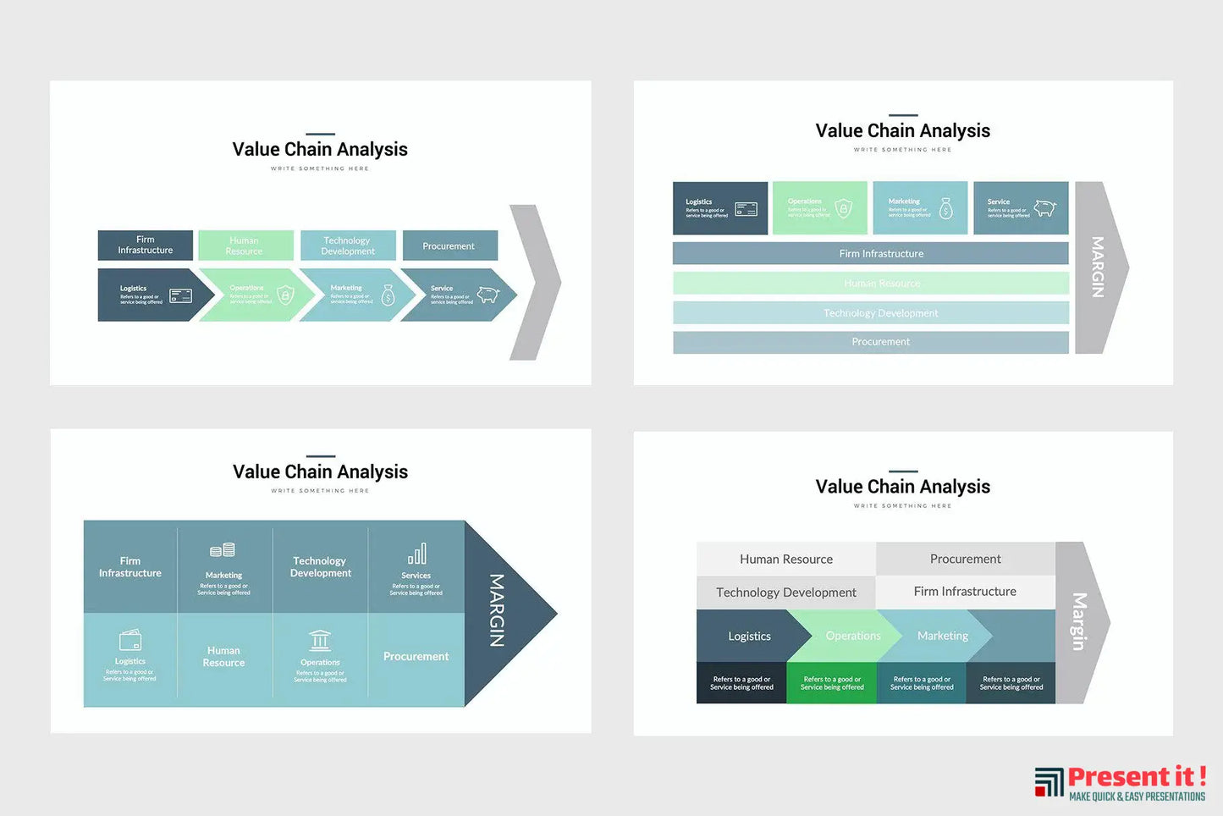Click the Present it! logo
1119,782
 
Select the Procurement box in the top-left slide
449,245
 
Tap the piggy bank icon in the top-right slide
1045,208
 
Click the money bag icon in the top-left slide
388,295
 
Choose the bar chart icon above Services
416,554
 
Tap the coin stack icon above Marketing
223,551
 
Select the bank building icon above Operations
320,641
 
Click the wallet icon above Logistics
130,640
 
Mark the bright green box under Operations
831,683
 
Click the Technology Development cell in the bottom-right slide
785,593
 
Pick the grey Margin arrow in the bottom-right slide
1081,622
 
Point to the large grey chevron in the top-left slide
537,282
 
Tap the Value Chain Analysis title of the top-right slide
902,131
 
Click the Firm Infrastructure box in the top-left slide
145,245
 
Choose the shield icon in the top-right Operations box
843,208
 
